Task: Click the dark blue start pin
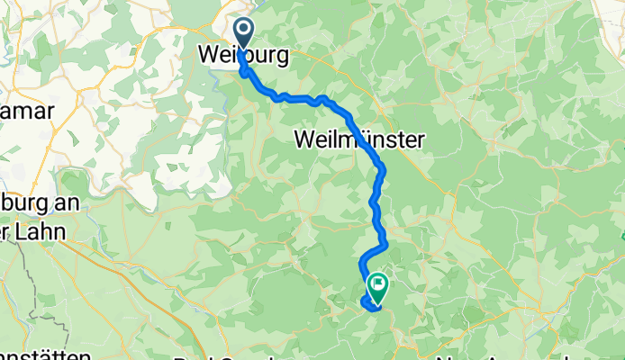pyautogui.click(x=243, y=37)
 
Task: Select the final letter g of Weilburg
pyautogui.click(x=282, y=58)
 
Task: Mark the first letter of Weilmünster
pyautogui.click(x=303, y=139)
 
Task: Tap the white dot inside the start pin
pyautogui.click(x=243, y=32)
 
